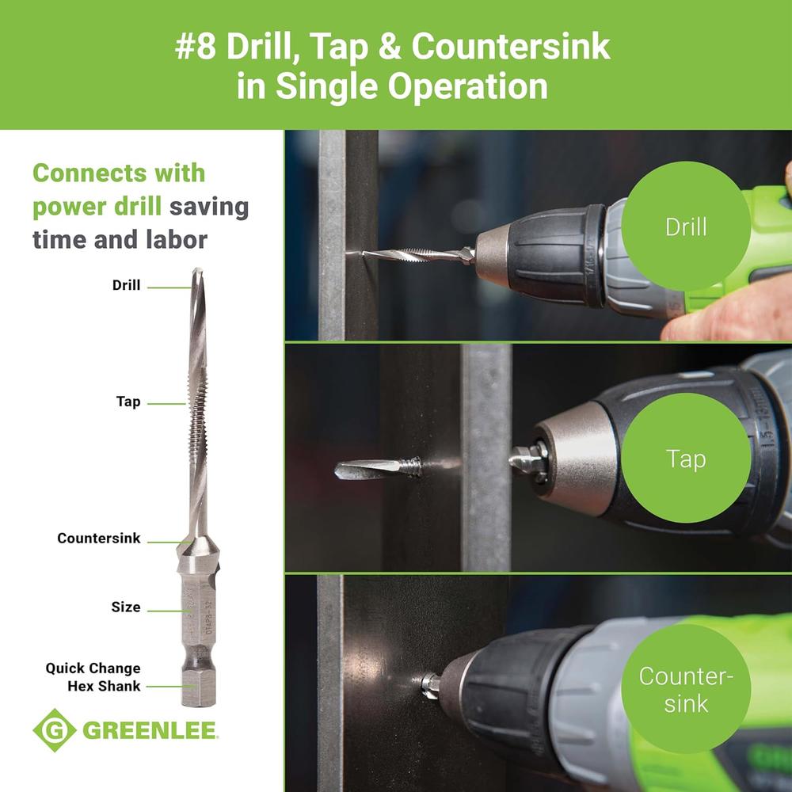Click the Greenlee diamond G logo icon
(55, 730)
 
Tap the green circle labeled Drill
(685, 227)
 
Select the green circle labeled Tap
(686, 458)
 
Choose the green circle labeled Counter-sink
(686, 688)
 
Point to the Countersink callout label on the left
(99, 539)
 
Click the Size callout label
(126, 607)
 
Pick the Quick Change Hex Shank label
(93, 677)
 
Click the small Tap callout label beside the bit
(128, 402)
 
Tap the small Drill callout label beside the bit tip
(126, 285)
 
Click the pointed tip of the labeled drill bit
(196, 272)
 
